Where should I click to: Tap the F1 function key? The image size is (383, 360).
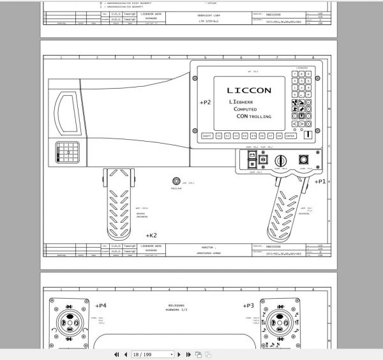219,136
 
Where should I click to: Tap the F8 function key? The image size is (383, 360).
279,136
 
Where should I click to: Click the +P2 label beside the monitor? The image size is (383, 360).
204,102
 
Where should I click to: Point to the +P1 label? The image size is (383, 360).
320,181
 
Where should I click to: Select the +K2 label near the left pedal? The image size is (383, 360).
151,235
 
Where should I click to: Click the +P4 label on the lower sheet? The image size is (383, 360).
101,306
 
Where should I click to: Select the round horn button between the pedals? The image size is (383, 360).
176,183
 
